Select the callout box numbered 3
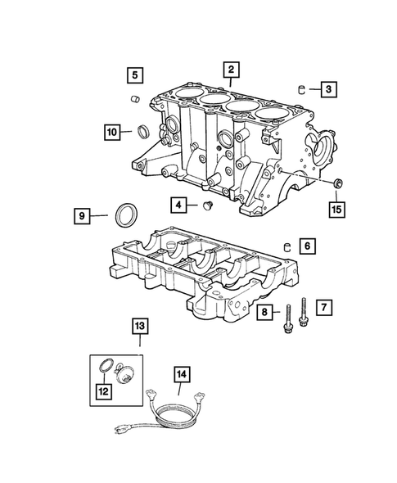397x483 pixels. pos(327,88)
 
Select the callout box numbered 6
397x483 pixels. pos(306,245)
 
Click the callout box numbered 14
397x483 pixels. pos(181,376)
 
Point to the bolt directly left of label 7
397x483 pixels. pos(305,311)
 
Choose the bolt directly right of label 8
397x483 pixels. pos(287,319)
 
